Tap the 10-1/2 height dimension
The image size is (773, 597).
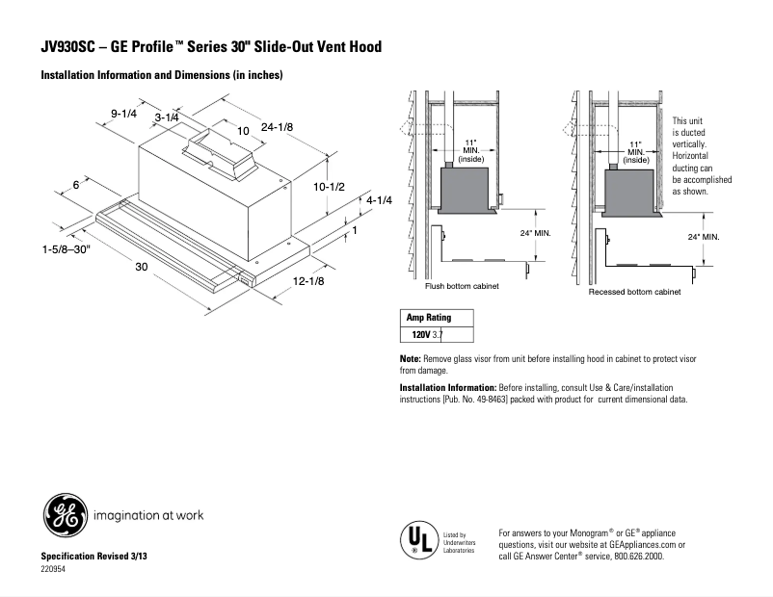point(330,187)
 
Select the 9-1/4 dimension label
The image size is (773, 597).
point(123,114)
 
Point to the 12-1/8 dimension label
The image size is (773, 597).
point(308,281)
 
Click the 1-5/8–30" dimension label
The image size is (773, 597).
point(66,249)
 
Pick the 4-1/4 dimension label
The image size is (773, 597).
point(379,199)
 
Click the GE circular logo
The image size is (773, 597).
point(64,515)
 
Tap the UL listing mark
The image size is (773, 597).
point(416,539)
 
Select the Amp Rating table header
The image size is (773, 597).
point(428,318)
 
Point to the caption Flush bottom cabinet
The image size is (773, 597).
point(463,287)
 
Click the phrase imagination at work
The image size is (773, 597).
point(148,515)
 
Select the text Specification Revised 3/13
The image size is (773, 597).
point(93,558)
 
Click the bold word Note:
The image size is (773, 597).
point(411,358)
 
